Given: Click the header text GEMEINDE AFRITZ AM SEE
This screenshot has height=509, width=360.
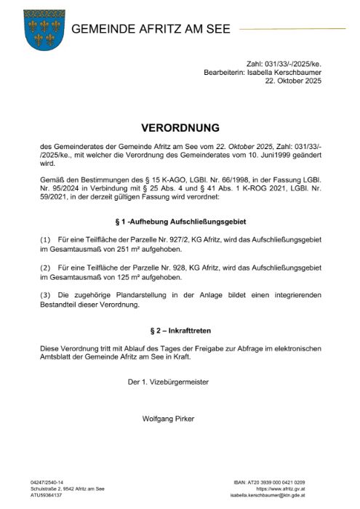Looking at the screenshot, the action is pos(151,30).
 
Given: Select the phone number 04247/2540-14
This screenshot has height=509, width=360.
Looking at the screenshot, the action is pos(47,481).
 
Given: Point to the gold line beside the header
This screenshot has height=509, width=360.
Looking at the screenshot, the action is pos(291,30).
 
